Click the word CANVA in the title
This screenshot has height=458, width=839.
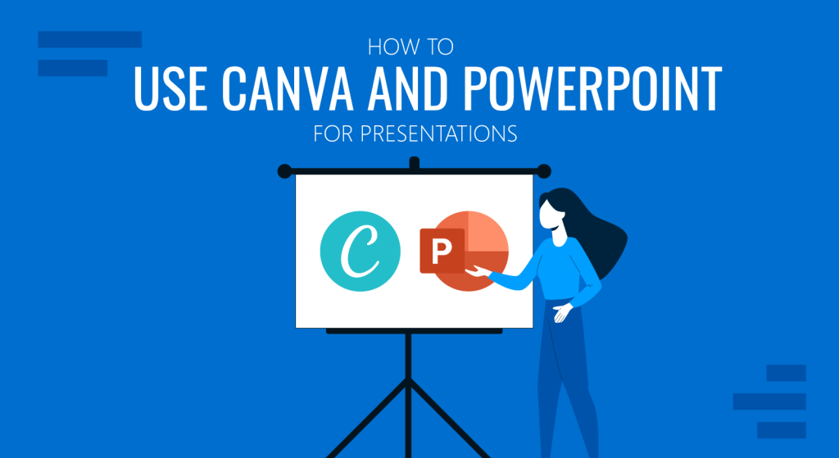[x=287, y=88]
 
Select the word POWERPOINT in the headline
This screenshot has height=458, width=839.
[x=586, y=88]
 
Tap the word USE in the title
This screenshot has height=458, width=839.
[x=170, y=88]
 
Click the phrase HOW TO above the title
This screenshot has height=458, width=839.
[x=410, y=47]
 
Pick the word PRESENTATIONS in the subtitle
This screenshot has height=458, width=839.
[x=438, y=134]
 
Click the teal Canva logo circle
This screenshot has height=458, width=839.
[x=361, y=251]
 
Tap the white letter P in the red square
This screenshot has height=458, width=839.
[x=442, y=252]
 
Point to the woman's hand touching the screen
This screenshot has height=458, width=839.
[x=478, y=272]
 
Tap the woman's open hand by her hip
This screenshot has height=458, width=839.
[x=562, y=312]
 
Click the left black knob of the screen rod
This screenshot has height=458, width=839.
[x=284, y=171]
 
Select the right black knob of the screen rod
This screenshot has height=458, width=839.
[x=544, y=171]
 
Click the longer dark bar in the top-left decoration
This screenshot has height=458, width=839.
[x=90, y=39]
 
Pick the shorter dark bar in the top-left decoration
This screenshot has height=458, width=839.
[x=73, y=68]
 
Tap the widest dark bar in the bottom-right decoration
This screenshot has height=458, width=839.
[x=769, y=401]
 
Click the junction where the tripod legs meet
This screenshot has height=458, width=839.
[x=408, y=380]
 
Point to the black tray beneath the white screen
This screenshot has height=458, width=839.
[x=414, y=331]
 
